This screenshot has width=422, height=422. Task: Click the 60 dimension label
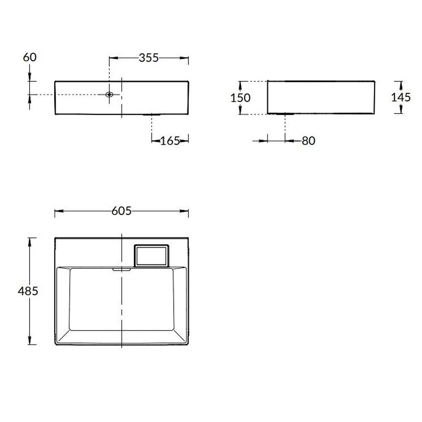point(30,57)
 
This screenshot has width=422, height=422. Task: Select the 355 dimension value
point(149,58)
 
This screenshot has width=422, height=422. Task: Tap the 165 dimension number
point(170,141)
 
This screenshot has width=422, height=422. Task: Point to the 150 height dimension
point(241,98)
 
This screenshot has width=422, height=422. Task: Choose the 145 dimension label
point(401,97)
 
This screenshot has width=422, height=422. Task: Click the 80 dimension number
point(308,141)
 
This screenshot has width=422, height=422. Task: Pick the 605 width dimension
point(122,211)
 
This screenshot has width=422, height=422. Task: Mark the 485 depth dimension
point(28,291)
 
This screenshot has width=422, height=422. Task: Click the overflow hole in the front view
point(109,95)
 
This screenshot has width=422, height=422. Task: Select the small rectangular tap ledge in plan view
point(151,256)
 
